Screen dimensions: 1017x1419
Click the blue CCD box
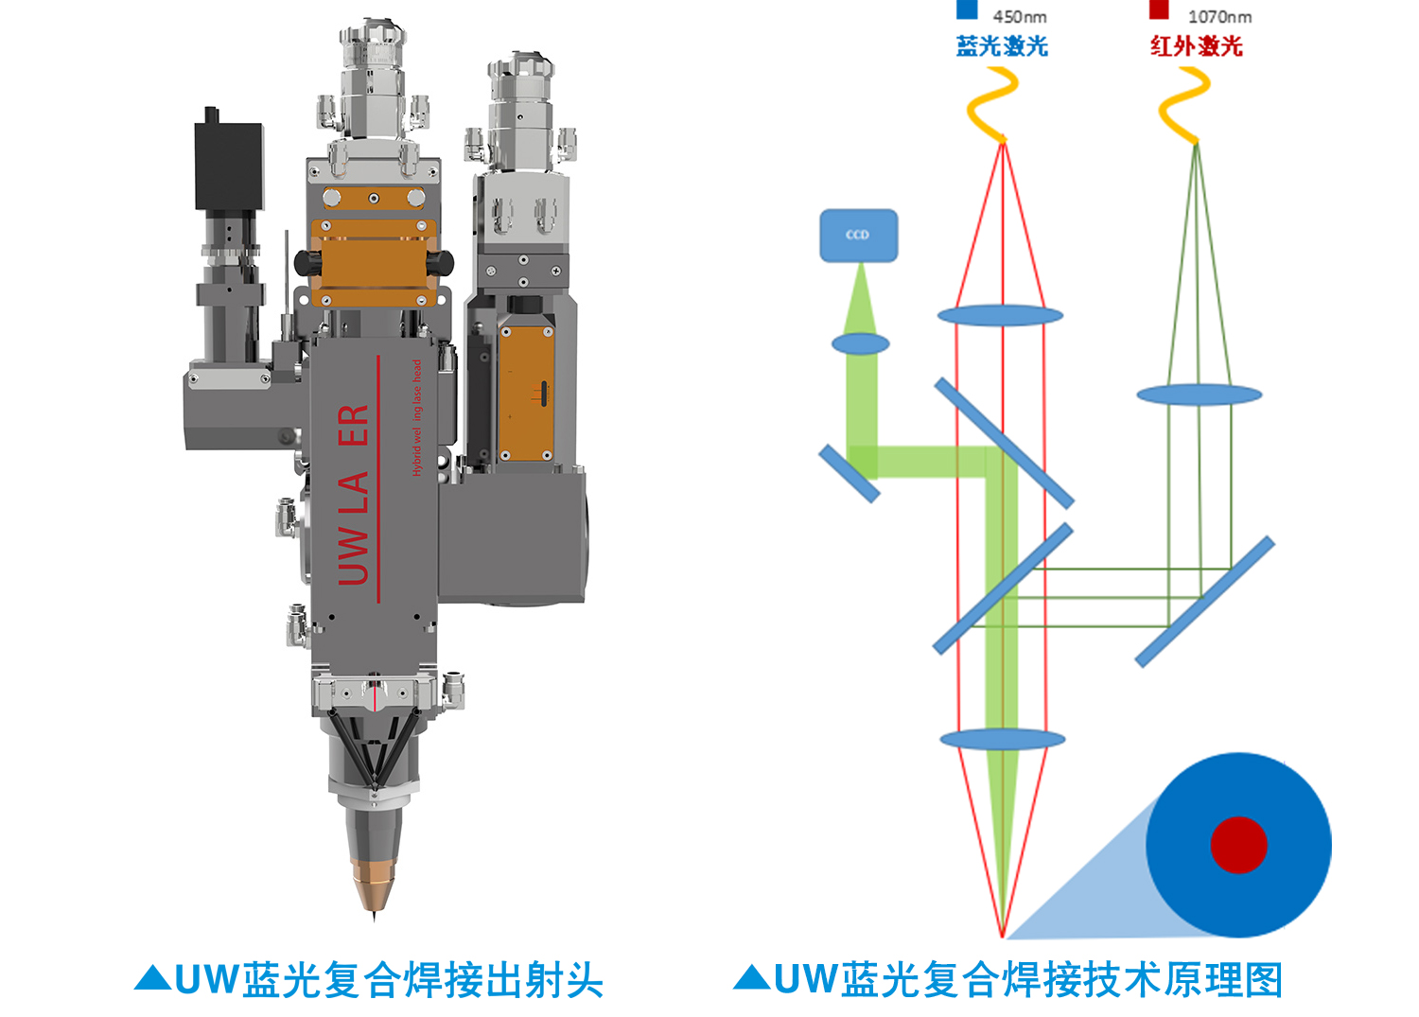tap(858, 235)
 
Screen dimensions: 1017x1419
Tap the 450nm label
tap(1020, 16)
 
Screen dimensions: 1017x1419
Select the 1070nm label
tap(1219, 16)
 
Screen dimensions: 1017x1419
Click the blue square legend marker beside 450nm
tap(967, 9)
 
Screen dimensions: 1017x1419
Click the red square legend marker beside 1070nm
tap(1159, 9)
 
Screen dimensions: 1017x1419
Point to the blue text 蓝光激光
tap(1002, 45)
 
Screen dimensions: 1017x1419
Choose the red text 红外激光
tap(1196, 45)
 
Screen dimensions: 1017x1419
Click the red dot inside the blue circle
tap(1238, 845)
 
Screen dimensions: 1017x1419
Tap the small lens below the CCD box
tap(861, 343)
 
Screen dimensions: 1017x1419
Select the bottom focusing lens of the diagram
tap(1003, 739)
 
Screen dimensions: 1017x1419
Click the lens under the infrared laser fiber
tap(1199, 395)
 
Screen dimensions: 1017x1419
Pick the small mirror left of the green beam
tap(849, 473)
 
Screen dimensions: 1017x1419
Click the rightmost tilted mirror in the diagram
tap(1205, 602)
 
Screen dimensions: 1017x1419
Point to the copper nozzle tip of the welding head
tap(373, 880)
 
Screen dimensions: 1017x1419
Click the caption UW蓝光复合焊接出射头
tap(388, 980)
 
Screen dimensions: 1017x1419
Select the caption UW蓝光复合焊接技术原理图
tap(1027, 980)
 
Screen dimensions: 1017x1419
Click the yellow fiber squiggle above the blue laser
tap(992, 104)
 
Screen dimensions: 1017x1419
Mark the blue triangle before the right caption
tap(752, 977)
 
